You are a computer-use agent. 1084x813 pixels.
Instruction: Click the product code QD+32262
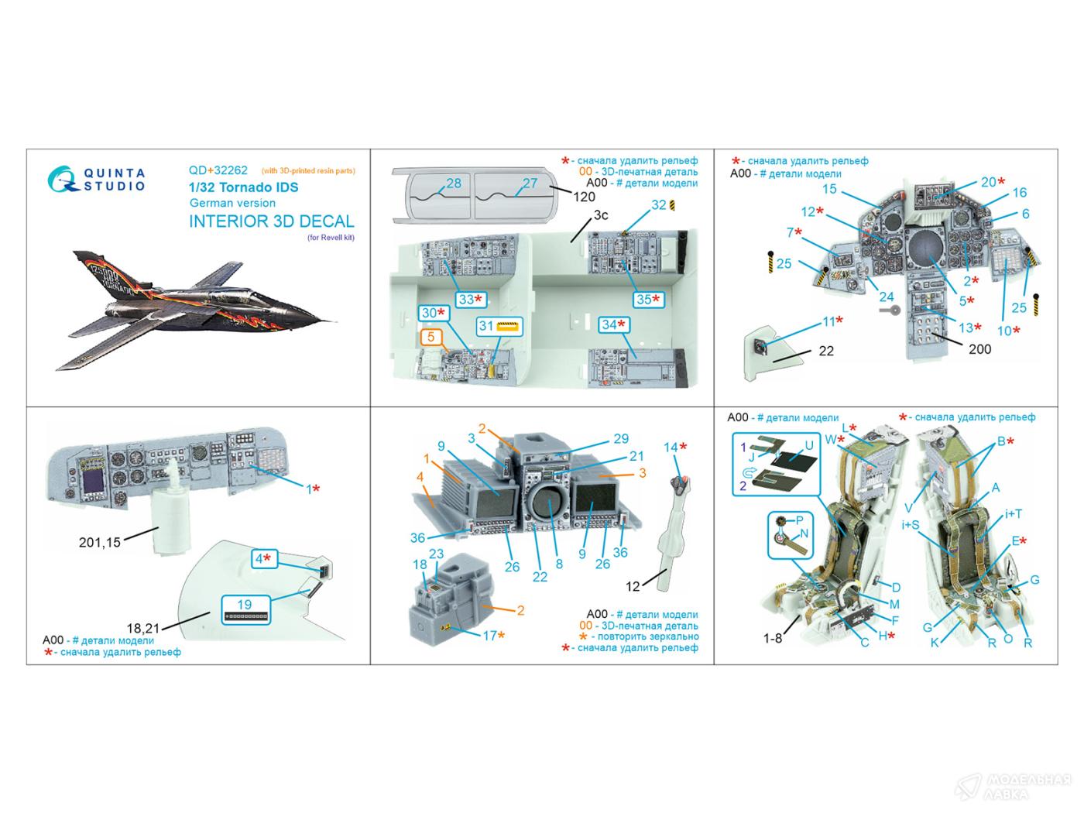(218, 170)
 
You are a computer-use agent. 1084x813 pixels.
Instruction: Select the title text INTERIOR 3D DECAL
(271, 221)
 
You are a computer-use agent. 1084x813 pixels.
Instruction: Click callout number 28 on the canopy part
(454, 183)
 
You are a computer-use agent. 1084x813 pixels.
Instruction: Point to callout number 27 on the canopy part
(530, 183)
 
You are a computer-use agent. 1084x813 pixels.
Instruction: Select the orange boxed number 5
(431, 337)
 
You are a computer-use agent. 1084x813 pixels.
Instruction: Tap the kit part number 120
(585, 197)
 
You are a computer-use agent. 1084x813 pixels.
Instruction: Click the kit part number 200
(979, 349)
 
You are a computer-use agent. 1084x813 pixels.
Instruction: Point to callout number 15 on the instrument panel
(829, 189)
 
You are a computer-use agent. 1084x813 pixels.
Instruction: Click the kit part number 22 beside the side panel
(826, 351)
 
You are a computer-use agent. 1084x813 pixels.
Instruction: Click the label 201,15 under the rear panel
(100, 542)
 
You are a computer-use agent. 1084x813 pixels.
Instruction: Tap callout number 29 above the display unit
(621, 438)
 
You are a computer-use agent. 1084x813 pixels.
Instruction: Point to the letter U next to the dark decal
(809, 446)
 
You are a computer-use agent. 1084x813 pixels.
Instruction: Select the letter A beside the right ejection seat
(996, 488)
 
